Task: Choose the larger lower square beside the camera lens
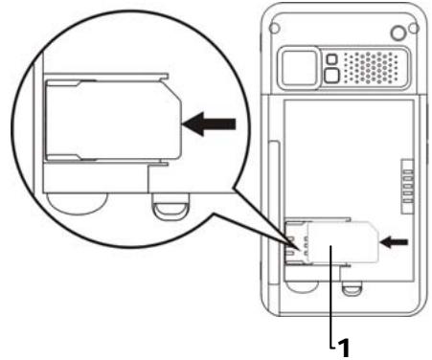tap(331, 77)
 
